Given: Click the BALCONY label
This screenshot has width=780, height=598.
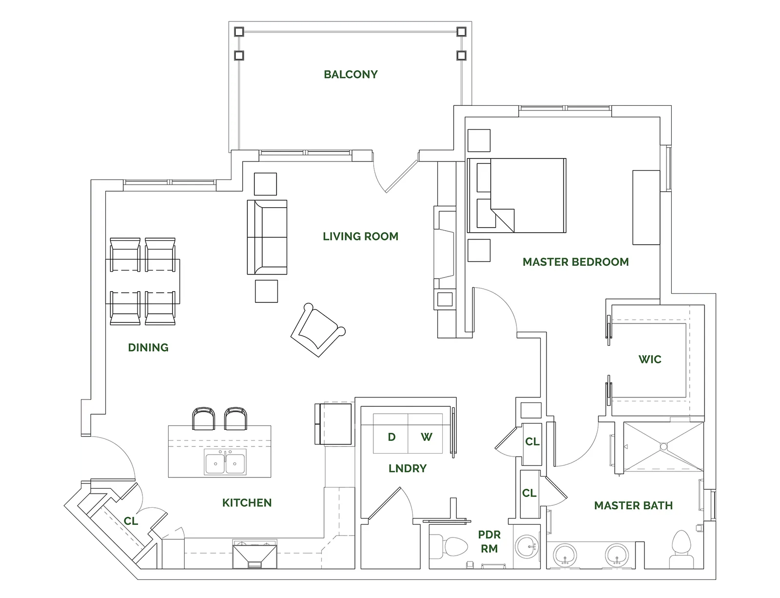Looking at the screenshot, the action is click(x=351, y=74).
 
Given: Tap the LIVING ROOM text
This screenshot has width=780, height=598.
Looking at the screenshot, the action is click(x=360, y=237).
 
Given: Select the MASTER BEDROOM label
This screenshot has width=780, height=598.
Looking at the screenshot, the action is click(x=576, y=262).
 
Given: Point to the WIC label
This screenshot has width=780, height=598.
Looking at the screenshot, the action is click(x=650, y=359).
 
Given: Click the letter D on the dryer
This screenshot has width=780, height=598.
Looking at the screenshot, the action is click(x=391, y=437).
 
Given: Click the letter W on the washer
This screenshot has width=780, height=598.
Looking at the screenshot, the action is click(x=427, y=437).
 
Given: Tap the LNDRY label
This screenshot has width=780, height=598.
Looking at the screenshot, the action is click(x=408, y=468).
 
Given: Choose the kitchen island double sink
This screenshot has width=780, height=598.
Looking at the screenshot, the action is click(x=225, y=462).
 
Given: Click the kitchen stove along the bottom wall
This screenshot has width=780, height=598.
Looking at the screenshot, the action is click(x=254, y=554).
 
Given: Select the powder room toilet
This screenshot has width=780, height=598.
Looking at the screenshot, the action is click(x=448, y=547).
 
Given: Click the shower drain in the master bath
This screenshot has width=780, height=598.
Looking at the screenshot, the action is click(x=663, y=447).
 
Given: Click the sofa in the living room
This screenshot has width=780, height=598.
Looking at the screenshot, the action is click(x=267, y=238).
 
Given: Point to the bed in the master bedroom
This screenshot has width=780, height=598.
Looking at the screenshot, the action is click(x=517, y=196).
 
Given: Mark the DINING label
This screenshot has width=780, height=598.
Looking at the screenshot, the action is click(x=148, y=347).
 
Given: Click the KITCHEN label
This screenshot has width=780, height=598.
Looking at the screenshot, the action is click(x=247, y=503).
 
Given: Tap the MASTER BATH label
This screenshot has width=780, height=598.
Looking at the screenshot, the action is click(x=633, y=506).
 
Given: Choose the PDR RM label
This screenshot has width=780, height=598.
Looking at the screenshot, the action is click(x=489, y=541).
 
